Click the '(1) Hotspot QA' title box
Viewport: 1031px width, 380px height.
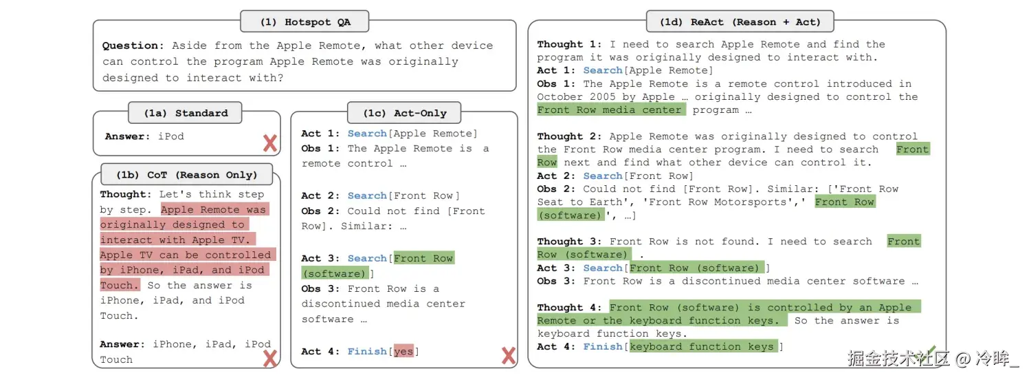point(304,22)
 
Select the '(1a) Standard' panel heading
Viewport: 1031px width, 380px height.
point(186,113)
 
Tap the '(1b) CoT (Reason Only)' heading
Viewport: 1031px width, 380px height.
point(187,174)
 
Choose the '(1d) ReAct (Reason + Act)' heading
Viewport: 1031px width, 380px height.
point(740,22)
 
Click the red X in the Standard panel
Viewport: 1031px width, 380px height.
point(270,143)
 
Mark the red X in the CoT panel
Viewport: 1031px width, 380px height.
point(270,358)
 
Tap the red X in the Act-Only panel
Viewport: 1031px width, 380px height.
point(509,355)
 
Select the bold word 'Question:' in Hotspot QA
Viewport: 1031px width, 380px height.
point(133,46)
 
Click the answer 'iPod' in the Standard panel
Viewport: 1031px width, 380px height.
point(171,136)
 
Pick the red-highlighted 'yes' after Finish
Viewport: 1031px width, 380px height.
point(403,352)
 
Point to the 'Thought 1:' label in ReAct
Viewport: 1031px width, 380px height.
point(560,45)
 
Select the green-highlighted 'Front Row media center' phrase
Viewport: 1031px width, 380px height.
point(610,110)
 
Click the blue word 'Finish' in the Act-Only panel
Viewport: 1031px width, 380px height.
point(366,352)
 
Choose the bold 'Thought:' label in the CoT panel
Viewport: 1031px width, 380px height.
point(126,195)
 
